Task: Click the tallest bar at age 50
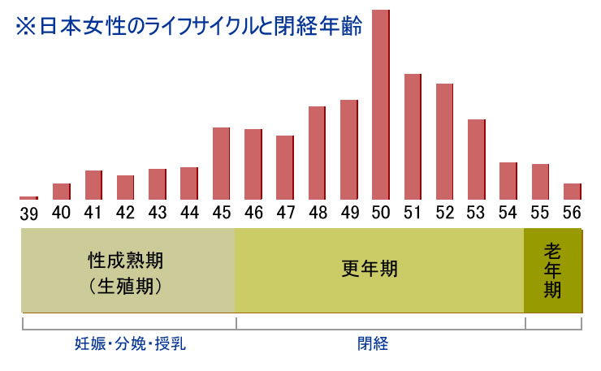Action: [381, 104]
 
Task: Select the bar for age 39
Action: [29, 197]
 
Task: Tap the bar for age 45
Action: [221, 163]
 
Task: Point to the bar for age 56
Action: [573, 192]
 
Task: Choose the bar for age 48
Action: [317, 153]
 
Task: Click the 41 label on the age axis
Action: [93, 213]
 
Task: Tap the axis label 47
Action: [284, 213]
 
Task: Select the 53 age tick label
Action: [477, 213]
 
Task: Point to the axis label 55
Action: [540, 213]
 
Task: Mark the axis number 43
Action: [157, 213]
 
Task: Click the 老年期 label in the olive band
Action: [552, 270]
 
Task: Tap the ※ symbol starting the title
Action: [27, 26]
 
